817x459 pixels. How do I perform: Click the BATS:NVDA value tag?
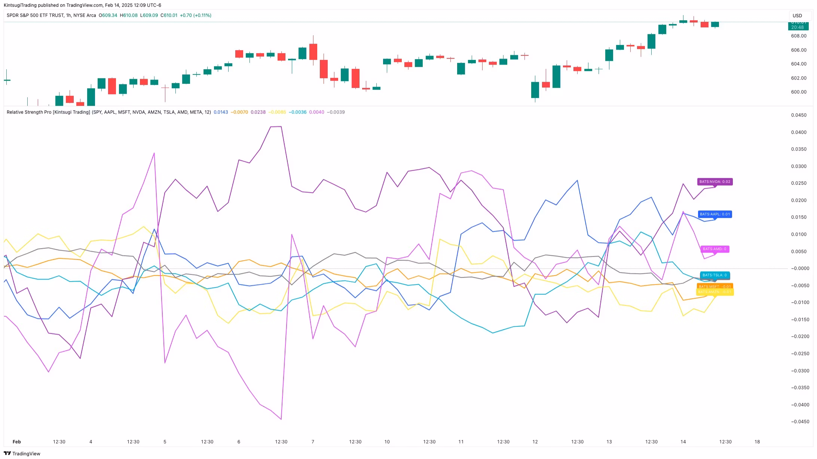click(x=715, y=182)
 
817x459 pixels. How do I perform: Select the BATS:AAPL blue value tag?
click(x=715, y=214)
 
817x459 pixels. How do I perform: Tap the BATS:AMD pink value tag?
click(x=714, y=249)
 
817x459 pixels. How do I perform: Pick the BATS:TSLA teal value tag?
click(x=715, y=275)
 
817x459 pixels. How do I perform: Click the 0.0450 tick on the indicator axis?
click(x=799, y=115)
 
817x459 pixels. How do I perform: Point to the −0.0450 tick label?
click(x=799, y=422)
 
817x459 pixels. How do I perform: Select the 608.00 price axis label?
click(x=799, y=36)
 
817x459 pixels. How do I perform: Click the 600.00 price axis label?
click(x=799, y=92)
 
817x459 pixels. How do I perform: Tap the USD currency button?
click(x=797, y=16)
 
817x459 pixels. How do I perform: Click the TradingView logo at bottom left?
click(x=22, y=453)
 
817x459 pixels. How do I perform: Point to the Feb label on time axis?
click(x=17, y=442)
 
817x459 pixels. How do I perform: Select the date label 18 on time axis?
click(x=757, y=442)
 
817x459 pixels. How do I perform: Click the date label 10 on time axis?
click(x=387, y=442)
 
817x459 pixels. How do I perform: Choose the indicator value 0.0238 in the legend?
click(x=258, y=112)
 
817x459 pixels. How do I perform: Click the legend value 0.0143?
click(x=221, y=112)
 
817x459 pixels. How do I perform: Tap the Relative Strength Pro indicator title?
click(x=108, y=112)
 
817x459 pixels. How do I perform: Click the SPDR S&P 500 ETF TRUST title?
click(x=51, y=15)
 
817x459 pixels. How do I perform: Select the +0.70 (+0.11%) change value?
click(x=196, y=15)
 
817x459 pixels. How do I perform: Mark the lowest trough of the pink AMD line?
click(x=281, y=419)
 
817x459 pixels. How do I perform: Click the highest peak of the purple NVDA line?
click(x=281, y=127)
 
